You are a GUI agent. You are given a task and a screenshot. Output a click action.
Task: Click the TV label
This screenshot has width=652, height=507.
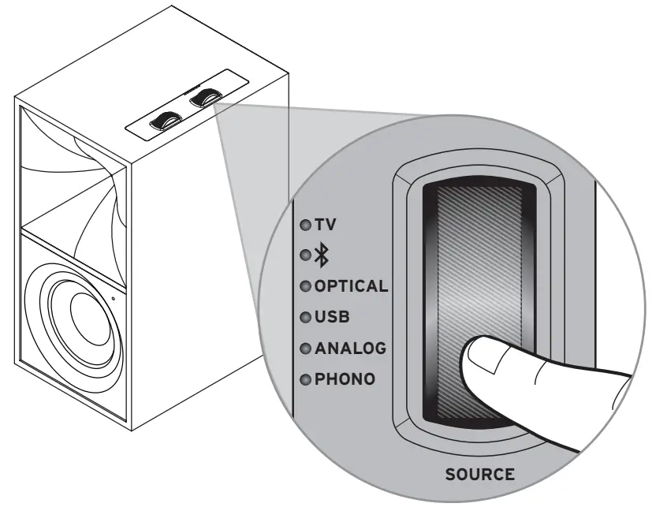click(326, 225)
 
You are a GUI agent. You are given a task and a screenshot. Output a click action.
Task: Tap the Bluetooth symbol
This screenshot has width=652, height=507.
click(321, 255)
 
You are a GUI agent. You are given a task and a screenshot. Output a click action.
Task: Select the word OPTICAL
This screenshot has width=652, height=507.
click(351, 285)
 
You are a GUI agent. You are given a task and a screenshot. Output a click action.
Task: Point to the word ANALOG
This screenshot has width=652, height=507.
click(348, 348)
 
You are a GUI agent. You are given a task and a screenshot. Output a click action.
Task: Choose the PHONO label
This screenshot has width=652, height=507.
click(345, 379)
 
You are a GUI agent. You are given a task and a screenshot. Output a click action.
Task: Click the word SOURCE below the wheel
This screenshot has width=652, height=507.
click(479, 475)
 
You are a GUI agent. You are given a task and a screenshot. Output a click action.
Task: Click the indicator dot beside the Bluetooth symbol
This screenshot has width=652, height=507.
click(304, 255)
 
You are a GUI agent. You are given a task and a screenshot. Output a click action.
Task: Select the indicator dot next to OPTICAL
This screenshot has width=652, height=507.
click(304, 286)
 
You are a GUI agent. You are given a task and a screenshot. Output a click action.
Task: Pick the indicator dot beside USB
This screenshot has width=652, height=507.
click(304, 317)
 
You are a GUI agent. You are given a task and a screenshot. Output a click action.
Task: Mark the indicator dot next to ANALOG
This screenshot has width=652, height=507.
click(304, 348)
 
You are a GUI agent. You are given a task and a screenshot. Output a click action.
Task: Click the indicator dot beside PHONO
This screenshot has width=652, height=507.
click(304, 379)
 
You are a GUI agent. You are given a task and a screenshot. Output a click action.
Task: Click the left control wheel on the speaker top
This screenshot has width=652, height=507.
click(167, 121)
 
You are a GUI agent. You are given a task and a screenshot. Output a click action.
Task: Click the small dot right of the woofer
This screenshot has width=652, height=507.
click(113, 298)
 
